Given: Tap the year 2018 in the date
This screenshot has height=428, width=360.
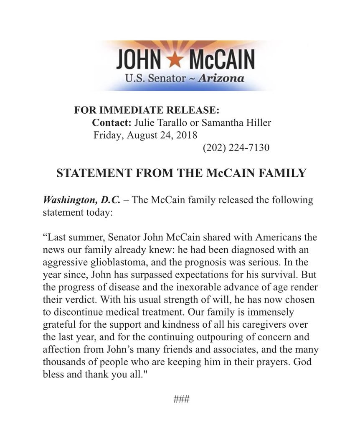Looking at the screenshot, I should tap(187, 135).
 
